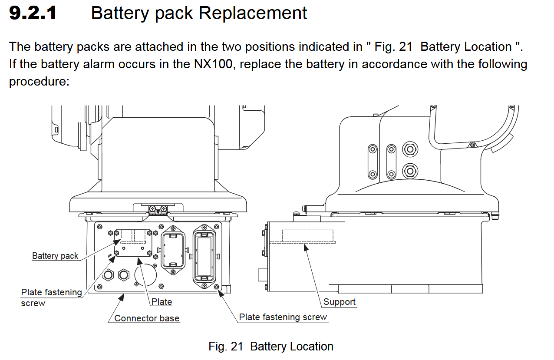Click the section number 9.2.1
[x=33, y=13]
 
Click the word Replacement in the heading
[x=253, y=13]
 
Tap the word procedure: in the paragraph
[x=39, y=82]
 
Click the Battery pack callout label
[x=55, y=256]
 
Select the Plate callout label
[x=162, y=302]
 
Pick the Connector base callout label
[x=147, y=318]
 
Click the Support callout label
[x=339, y=302]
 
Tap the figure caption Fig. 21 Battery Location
[x=271, y=347]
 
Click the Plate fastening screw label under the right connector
[x=283, y=317]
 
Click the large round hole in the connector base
[x=145, y=275]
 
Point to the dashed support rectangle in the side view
[x=307, y=235]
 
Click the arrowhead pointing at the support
[x=306, y=247]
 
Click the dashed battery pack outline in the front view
[x=134, y=236]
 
